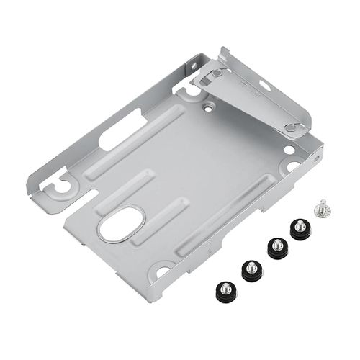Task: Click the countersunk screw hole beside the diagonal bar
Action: pos(208,104)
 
